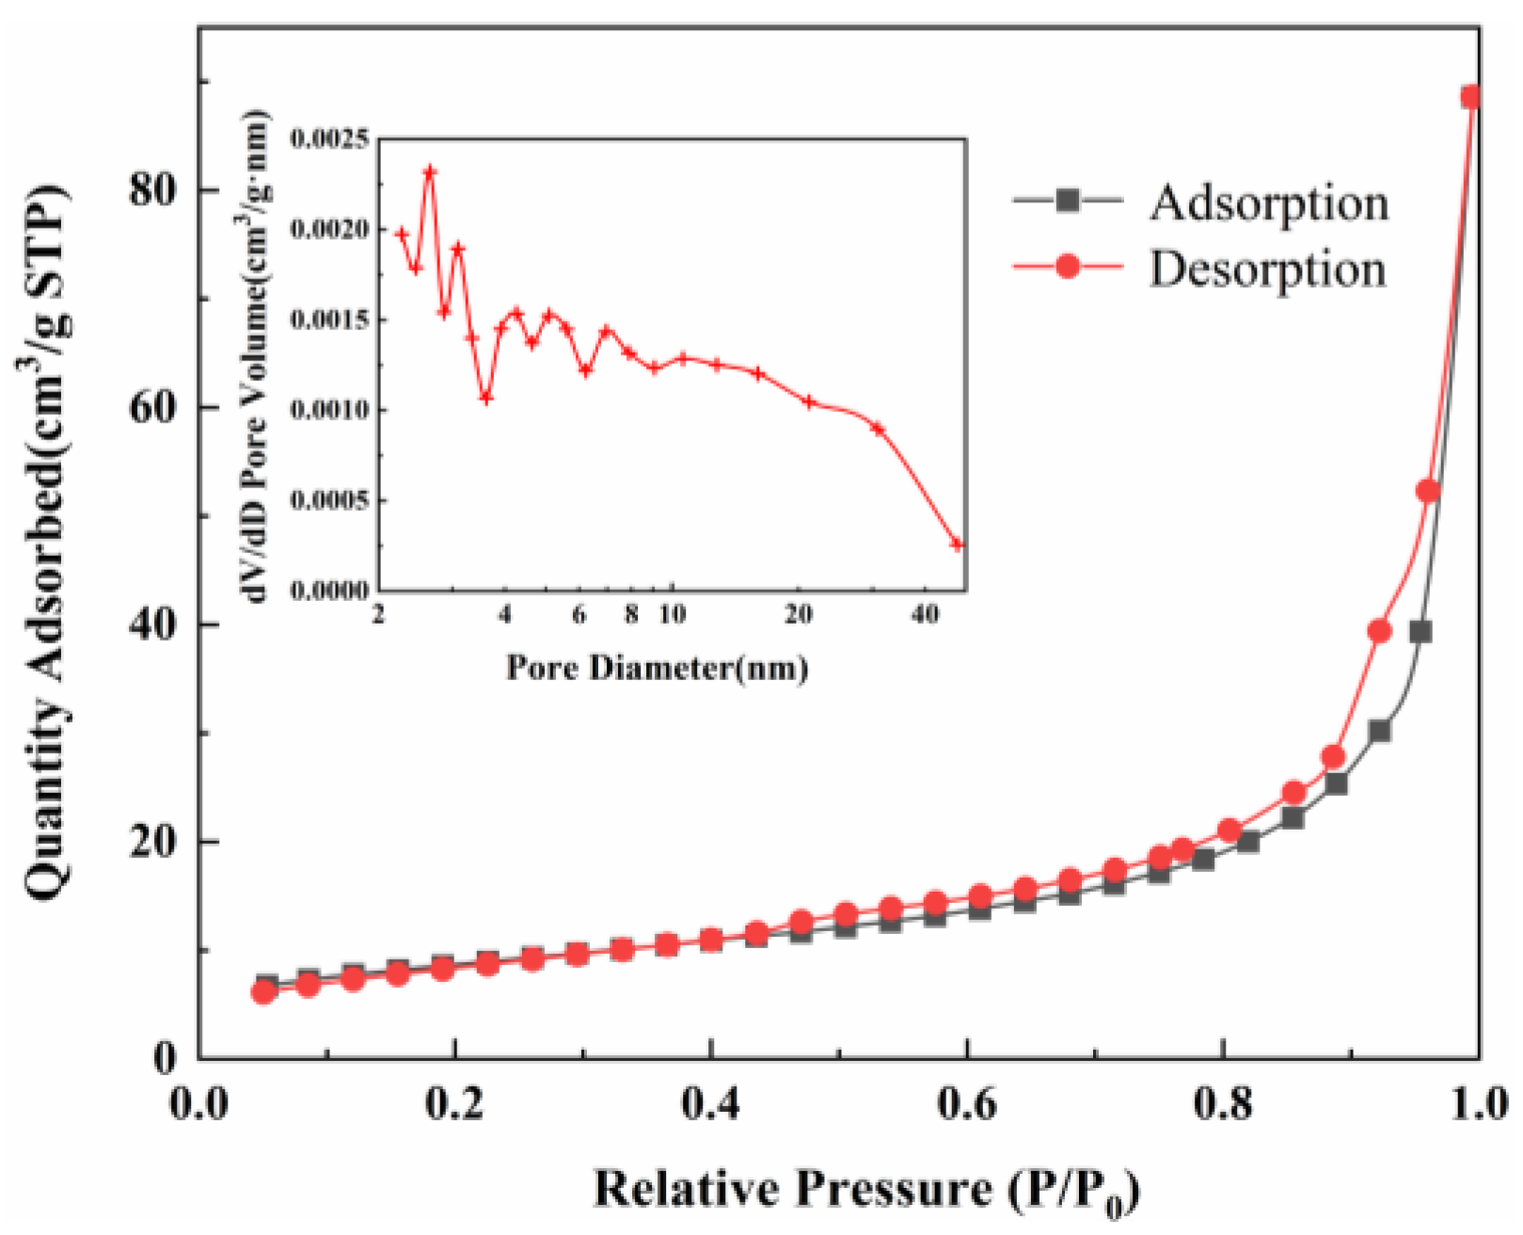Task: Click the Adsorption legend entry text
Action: tap(1268, 202)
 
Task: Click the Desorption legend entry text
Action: tap(1267, 269)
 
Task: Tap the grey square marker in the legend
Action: tap(1068, 200)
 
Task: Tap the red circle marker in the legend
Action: tap(1068, 267)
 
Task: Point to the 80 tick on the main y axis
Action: tap(153, 190)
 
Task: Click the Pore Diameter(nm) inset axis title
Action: tap(658, 668)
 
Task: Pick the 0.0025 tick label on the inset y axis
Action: tap(329, 140)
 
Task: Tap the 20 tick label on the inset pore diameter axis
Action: tap(798, 615)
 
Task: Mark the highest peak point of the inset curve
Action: tap(430, 171)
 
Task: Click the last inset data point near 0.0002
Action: tap(958, 545)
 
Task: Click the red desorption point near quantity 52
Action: tap(1428, 491)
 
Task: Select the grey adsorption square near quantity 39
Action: tap(1420, 632)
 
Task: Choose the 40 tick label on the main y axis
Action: tap(153, 625)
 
